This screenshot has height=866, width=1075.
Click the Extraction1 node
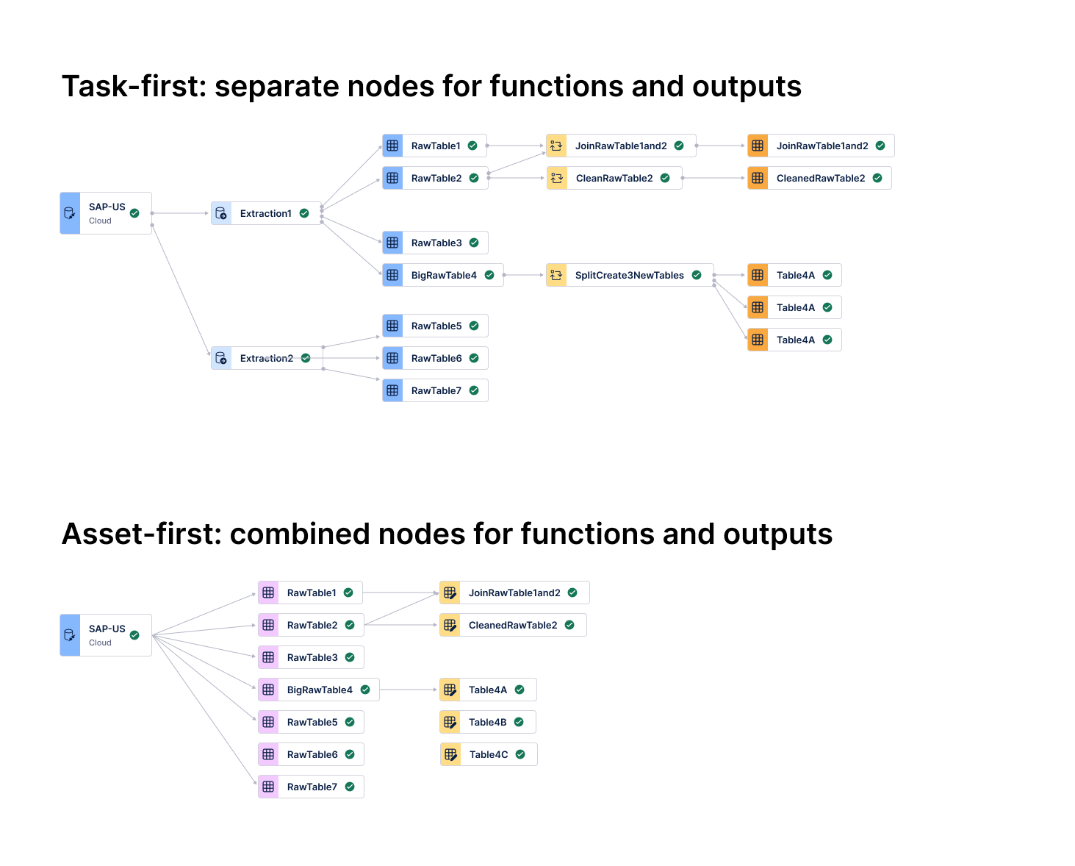coord(265,213)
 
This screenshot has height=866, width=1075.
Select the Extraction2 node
coord(266,358)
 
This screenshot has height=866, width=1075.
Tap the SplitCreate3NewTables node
coord(629,275)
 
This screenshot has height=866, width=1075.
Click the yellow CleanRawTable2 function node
coord(614,178)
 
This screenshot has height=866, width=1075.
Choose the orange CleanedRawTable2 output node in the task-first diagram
coord(819,178)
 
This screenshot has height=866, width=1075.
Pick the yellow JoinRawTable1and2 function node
coord(620,146)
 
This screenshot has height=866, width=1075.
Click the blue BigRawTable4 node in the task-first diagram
coord(442,275)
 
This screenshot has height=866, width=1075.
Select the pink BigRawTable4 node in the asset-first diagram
coord(318,690)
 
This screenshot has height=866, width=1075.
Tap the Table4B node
coord(487,722)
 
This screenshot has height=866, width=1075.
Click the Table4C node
coord(488,754)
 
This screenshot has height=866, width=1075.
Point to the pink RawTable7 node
coord(311,787)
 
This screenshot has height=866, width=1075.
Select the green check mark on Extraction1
coord(304,213)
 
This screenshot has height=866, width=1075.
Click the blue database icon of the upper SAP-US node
coord(70,213)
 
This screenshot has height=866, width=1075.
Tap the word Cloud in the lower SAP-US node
coord(100,643)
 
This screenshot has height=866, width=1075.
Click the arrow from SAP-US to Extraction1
coord(181,213)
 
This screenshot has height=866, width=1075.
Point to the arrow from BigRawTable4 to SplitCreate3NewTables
coord(524,275)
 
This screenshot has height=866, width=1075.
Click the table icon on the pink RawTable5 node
coord(268,722)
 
